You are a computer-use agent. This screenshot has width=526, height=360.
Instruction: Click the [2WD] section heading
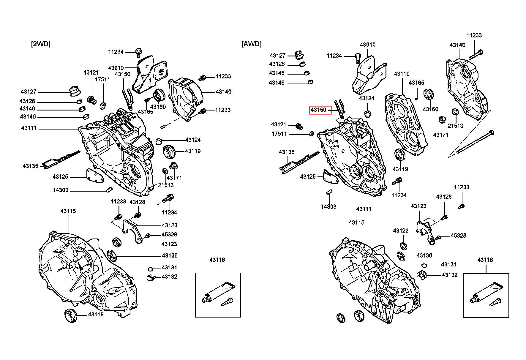(x=41, y=44)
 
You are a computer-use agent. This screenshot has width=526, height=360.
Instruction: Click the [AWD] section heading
(x=252, y=44)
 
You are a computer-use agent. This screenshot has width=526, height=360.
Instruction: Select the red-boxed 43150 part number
(x=318, y=110)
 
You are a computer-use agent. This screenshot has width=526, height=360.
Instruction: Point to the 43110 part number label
(x=402, y=74)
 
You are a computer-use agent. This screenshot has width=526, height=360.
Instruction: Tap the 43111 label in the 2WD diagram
(x=29, y=128)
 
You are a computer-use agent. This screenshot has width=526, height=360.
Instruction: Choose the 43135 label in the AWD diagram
(x=287, y=152)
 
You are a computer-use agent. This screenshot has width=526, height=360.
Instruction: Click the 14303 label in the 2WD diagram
(x=61, y=190)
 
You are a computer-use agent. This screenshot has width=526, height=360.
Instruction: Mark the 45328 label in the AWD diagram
(x=459, y=236)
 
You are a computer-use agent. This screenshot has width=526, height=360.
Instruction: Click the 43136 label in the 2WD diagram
(x=170, y=255)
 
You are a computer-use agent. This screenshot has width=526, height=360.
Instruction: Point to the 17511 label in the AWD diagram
(x=279, y=134)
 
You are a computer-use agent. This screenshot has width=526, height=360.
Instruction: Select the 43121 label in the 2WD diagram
(x=91, y=72)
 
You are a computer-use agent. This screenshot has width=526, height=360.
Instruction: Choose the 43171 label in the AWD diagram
(x=441, y=135)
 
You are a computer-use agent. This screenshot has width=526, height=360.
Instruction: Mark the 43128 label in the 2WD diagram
(x=137, y=202)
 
